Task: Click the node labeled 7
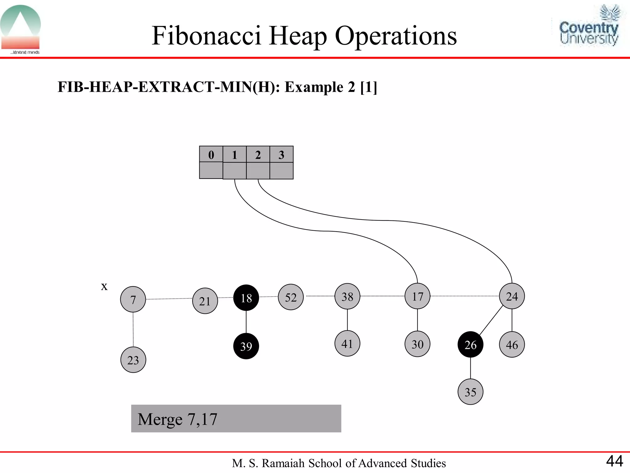coord(133,299)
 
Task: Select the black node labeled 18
coord(246,298)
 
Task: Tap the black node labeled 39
coord(246,346)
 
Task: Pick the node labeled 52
coord(291,297)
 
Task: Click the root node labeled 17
coord(417,296)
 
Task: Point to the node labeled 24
coord(512,296)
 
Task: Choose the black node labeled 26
coord(470,345)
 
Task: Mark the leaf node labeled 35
coord(470,392)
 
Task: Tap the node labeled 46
coord(512,345)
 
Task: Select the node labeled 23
coord(133,360)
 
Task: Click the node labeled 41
coord(347,344)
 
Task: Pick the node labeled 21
coord(205,301)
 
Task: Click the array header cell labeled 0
coord(211,154)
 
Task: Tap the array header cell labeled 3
coord(281,154)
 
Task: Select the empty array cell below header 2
coord(258,171)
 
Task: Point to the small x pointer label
coord(104,286)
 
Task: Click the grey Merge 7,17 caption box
coord(236,418)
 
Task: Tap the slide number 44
coord(614,461)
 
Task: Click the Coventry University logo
coord(589,26)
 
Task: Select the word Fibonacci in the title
coord(206,36)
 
